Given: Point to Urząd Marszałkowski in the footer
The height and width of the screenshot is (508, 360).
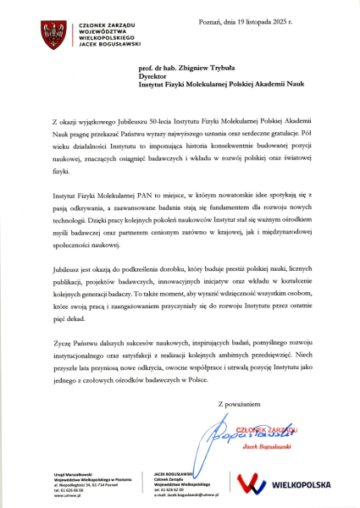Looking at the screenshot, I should pos(72,474).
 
